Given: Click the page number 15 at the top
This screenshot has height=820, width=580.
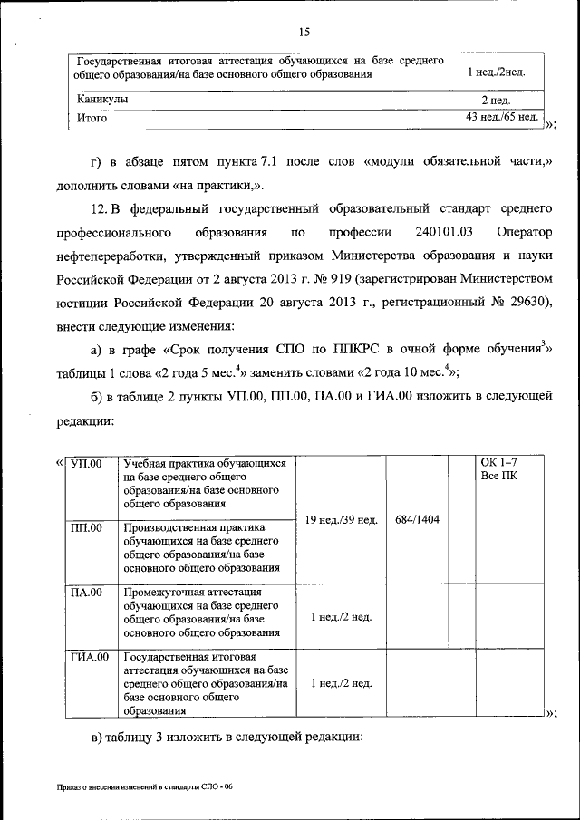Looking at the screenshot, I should pyautogui.click(x=304, y=33).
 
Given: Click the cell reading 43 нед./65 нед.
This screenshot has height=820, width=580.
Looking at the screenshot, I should pyautogui.click(x=502, y=117).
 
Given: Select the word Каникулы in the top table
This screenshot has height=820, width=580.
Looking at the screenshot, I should pyautogui.click(x=102, y=100).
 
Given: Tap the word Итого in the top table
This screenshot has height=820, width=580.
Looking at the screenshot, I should pyautogui.click(x=92, y=118).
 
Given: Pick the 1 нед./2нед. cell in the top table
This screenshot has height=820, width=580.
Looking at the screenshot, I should pyautogui.click(x=495, y=72).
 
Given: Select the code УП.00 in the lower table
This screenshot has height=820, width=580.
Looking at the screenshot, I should pyautogui.click(x=87, y=464).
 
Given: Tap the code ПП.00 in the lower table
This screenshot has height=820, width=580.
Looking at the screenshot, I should pyautogui.click(x=87, y=527).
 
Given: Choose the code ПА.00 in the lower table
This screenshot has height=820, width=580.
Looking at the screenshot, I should pyautogui.click(x=87, y=593).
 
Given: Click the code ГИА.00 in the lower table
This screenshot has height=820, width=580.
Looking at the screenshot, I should pyautogui.click(x=90, y=657).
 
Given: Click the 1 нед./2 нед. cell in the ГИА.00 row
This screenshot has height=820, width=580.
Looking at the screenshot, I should pyautogui.click(x=341, y=683).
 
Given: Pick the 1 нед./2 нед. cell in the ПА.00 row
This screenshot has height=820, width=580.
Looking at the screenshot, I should pyautogui.click(x=341, y=617).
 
